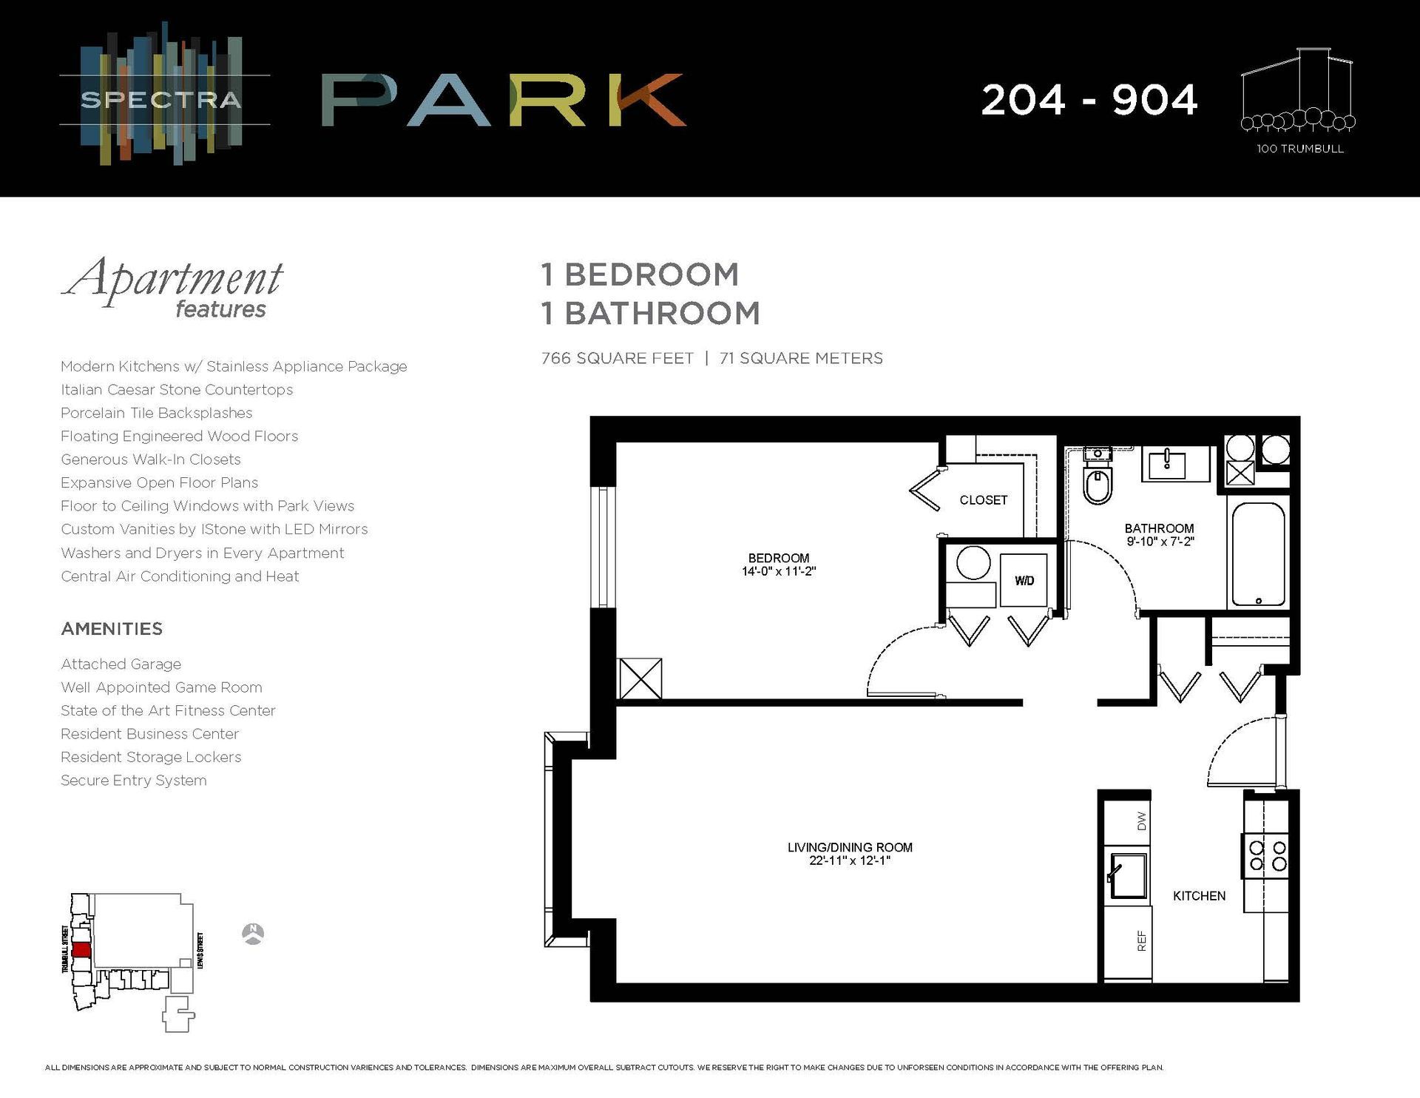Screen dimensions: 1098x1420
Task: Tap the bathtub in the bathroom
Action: [x=1258, y=553]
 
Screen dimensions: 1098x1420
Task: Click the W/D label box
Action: [x=1024, y=581]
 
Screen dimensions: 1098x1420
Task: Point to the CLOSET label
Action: [x=983, y=500]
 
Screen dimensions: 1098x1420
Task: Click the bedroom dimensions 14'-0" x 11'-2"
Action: [x=778, y=571]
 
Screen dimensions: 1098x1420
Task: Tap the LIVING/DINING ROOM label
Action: [x=850, y=847]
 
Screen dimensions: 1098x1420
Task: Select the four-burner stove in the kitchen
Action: [x=1268, y=856]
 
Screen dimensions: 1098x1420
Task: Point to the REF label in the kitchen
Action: [x=1141, y=941]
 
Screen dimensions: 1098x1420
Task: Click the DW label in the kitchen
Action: [x=1141, y=821]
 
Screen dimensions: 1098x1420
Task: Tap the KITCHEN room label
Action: [x=1199, y=896]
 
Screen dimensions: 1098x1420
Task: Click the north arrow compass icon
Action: [x=253, y=934]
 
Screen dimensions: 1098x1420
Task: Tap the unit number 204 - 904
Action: [x=1089, y=100]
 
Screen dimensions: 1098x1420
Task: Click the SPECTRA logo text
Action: [x=161, y=100]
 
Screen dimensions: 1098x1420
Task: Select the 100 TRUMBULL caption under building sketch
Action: [x=1299, y=149]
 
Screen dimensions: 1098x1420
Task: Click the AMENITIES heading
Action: [x=112, y=629]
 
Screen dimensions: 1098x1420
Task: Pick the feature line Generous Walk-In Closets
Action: [x=151, y=459]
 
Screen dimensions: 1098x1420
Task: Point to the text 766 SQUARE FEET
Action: [x=618, y=358]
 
